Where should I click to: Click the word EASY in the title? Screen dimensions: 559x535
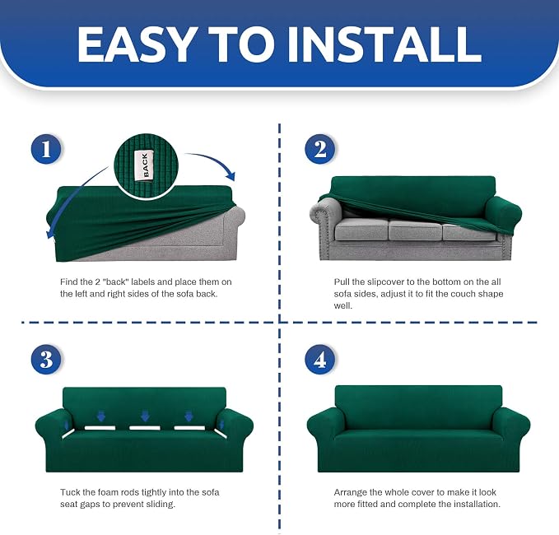[137, 44]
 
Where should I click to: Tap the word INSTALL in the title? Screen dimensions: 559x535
[384, 44]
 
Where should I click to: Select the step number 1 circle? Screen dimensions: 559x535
[46, 149]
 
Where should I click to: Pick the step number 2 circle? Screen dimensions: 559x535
[319, 149]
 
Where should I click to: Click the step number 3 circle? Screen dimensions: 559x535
[46, 360]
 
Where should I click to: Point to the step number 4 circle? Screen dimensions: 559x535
[319, 360]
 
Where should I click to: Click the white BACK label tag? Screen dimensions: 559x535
[144, 165]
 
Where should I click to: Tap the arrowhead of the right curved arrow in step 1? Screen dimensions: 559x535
[231, 176]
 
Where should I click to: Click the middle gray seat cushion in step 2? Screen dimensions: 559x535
[415, 229]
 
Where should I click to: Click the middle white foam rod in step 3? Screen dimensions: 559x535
[144, 428]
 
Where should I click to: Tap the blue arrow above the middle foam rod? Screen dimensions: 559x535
[145, 416]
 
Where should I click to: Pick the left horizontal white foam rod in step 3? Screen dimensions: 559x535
[100, 427]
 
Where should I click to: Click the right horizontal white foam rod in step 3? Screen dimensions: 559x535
[189, 428]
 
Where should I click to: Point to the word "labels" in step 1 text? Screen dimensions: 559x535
[143, 282]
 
